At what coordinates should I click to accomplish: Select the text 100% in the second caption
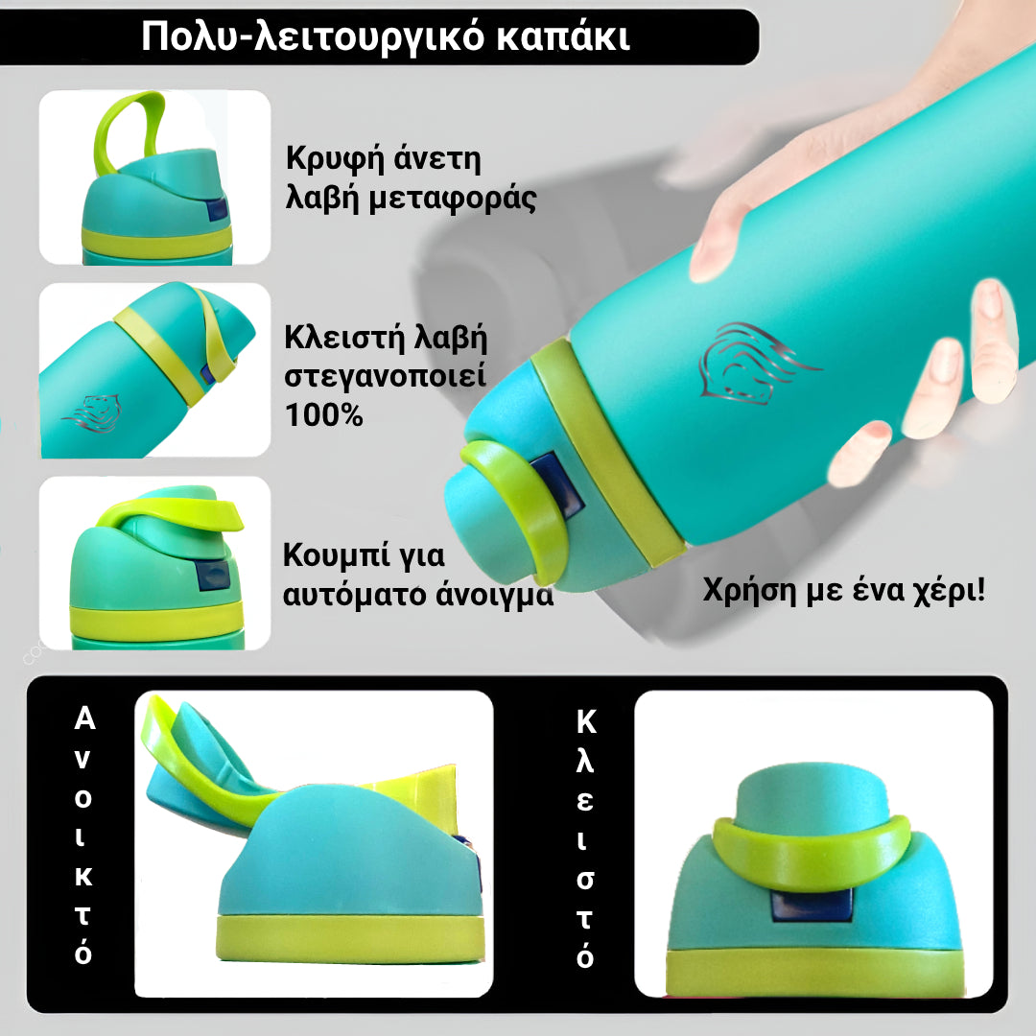pyautogui.click(x=324, y=414)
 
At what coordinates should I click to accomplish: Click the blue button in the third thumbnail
pyautogui.click(x=211, y=577)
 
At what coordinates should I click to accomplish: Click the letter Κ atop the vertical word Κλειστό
pyautogui.click(x=585, y=721)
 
